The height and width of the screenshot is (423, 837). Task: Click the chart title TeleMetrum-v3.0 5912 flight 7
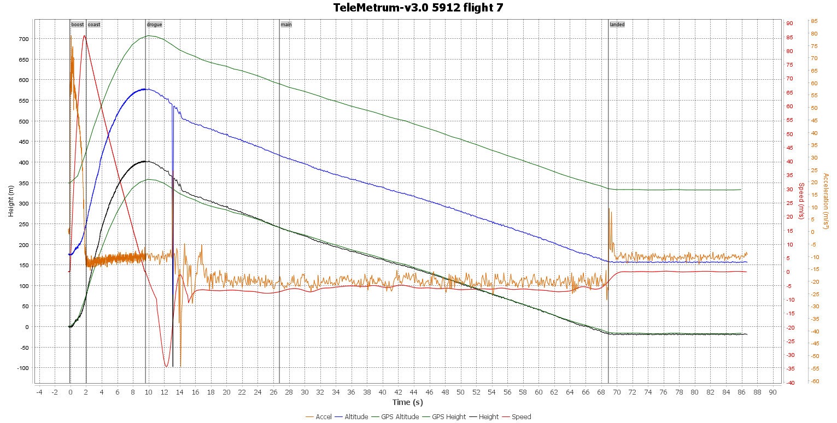[x=418, y=8]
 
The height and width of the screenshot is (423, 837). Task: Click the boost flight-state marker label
[x=77, y=25]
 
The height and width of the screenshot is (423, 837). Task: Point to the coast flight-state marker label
[x=94, y=25]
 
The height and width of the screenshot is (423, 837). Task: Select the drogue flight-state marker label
[x=154, y=25]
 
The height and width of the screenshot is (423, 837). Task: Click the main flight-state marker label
[x=286, y=25]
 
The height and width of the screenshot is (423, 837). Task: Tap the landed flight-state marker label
[x=617, y=25]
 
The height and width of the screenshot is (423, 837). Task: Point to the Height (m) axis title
[x=11, y=201]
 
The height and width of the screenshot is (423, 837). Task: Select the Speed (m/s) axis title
[x=801, y=201]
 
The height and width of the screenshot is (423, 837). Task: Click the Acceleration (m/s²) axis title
[x=826, y=201]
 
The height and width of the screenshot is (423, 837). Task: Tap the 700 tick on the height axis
[x=23, y=39]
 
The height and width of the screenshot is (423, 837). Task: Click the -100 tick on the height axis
[x=22, y=368]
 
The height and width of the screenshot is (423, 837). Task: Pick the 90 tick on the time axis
[x=772, y=392]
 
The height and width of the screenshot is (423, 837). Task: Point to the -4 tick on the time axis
[x=39, y=392]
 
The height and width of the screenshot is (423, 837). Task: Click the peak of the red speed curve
[x=84, y=36]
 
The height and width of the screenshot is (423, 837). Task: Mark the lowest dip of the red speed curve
[x=166, y=366]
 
